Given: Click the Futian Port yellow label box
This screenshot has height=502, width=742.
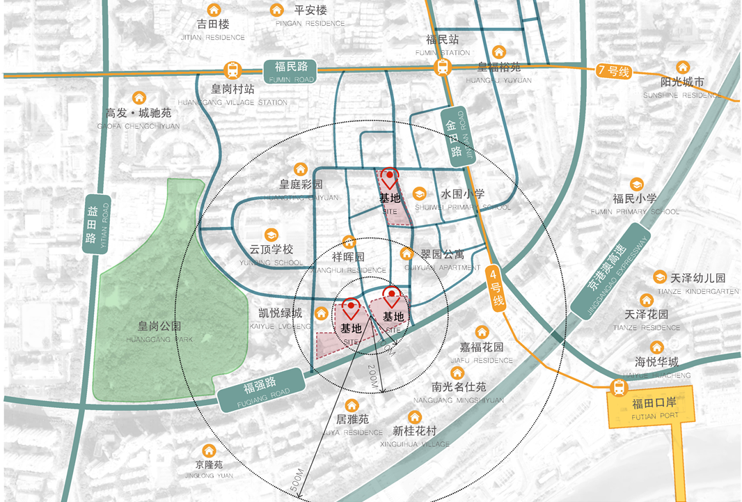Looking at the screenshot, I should click(x=654, y=409).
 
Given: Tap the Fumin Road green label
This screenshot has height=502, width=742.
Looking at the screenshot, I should click(x=290, y=70).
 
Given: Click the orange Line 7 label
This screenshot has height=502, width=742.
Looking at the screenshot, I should click(x=613, y=72).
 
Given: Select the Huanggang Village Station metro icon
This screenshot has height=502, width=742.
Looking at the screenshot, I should click(x=232, y=70).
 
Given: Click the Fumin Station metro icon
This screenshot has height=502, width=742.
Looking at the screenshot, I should click(x=442, y=68).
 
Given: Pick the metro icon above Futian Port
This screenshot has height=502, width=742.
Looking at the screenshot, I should click(x=617, y=387).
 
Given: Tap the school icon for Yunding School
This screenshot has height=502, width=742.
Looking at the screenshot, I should click(x=271, y=235).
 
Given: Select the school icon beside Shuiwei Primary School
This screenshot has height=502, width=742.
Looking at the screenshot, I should click(x=420, y=194).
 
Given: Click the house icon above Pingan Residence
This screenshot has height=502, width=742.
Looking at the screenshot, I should click(x=277, y=10).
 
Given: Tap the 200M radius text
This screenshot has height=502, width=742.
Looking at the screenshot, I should click(x=372, y=377).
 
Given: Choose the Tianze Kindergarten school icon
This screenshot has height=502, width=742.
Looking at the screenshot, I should click(x=658, y=277).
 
